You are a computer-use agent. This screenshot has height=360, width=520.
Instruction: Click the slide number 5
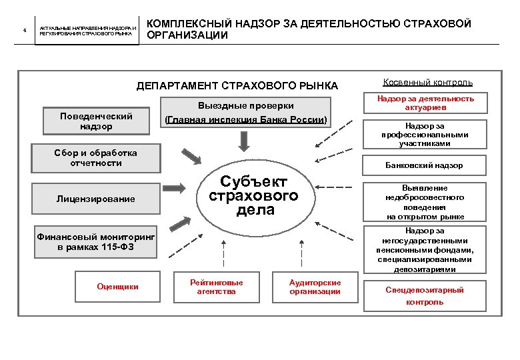(x=25, y=31)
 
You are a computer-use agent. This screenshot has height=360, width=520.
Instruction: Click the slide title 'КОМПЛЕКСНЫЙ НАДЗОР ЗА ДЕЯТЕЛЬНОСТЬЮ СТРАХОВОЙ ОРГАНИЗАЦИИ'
(x=309, y=29)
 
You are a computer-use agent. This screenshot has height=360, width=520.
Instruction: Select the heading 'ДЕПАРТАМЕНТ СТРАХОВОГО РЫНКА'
(x=237, y=86)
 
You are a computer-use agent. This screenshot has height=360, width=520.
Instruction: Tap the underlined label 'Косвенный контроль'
(x=428, y=83)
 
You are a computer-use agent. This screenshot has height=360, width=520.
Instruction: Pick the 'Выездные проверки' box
(x=246, y=113)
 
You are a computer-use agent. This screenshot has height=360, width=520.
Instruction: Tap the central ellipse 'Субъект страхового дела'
(x=254, y=195)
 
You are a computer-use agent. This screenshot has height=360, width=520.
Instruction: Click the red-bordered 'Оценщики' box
(x=117, y=287)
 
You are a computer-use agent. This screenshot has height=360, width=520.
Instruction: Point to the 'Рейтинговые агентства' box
(x=217, y=287)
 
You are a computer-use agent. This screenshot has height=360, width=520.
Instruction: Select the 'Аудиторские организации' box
(x=315, y=287)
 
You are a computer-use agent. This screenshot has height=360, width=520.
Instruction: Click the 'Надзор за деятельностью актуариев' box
(x=425, y=103)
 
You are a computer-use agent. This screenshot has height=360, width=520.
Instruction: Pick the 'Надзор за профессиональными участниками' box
(x=425, y=134)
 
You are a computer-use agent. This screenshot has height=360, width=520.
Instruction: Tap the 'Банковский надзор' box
(x=425, y=165)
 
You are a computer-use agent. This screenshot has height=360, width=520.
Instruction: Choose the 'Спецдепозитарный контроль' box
(x=425, y=295)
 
